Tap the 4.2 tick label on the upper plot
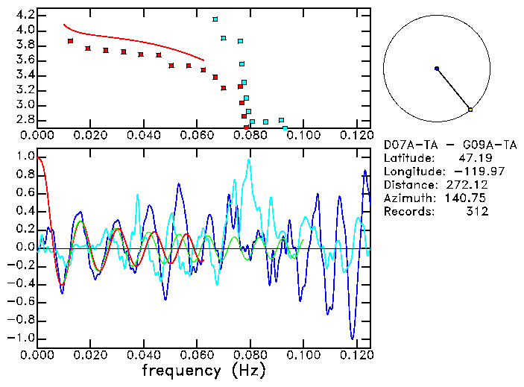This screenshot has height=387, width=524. (x=24, y=15)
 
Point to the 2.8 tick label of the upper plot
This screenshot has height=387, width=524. (x=24, y=119)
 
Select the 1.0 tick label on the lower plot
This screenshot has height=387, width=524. (x=24, y=157)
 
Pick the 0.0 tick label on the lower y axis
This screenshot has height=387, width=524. (x=24, y=248)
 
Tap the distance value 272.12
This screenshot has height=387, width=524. (x=470, y=185)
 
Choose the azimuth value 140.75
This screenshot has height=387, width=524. (x=470, y=198)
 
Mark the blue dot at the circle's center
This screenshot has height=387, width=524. (x=437, y=69)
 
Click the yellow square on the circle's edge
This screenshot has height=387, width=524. (x=470, y=110)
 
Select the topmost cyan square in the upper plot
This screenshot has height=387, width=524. (x=215, y=19)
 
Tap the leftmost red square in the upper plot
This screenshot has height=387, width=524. (x=70, y=41)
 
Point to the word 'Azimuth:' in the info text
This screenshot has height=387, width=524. (x=408, y=198)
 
